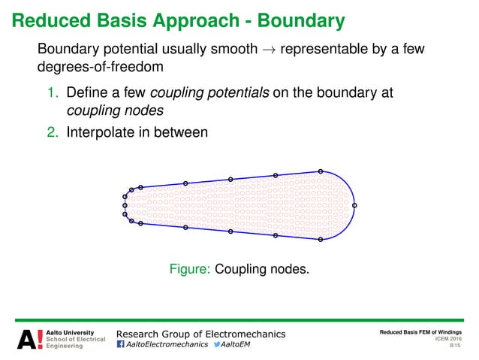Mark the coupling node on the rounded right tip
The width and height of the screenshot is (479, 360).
pyautogui.click(x=354, y=205)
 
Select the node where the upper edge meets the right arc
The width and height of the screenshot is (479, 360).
pyautogui.click(x=321, y=171)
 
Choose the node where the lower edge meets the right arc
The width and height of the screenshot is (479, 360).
pyautogui.click(x=321, y=240)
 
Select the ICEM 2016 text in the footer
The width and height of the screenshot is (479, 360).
pyautogui.click(x=448, y=339)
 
